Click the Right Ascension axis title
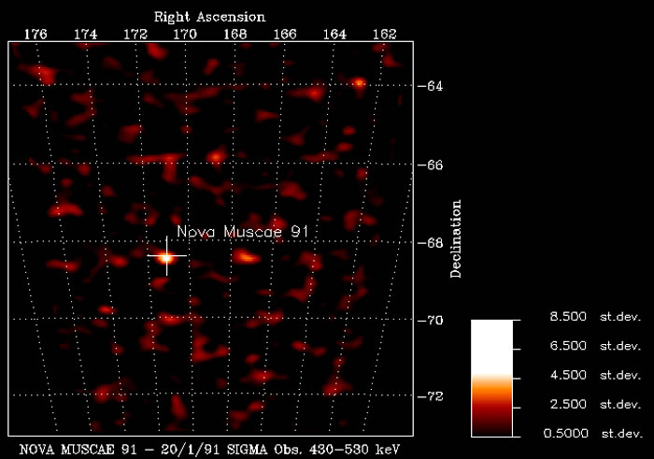pyautogui.click(x=209, y=17)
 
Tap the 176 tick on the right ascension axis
pyautogui.click(x=36, y=34)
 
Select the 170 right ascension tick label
pyautogui.click(x=185, y=34)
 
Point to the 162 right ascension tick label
pyautogui.click(x=383, y=34)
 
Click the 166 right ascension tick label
pyautogui.click(x=285, y=34)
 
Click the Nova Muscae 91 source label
pyautogui.click(x=248, y=232)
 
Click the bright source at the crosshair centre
pyautogui.click(x=166, y=256)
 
